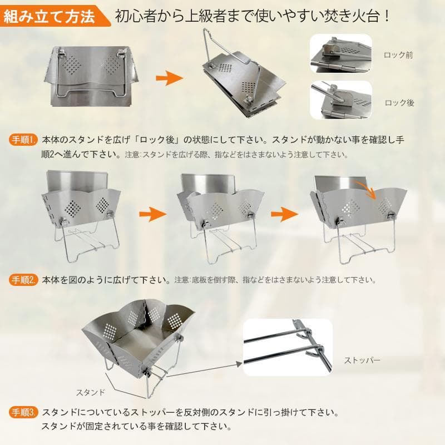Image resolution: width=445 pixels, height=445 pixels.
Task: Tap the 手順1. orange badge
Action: [x=23, y=140]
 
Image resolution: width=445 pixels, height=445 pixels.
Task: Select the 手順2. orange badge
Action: [x=23, y=280]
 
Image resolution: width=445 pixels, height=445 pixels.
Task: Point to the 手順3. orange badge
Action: [x=23, y=412]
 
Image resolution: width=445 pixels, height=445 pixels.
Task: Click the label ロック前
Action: [x=398, y=55]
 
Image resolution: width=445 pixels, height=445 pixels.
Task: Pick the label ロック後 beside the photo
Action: [x=399, y=103]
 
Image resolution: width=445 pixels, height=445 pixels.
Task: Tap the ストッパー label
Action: [x=362, y=360]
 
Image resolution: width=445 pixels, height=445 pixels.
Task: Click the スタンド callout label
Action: [x=91, y=393]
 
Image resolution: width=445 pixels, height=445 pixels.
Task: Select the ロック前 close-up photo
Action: [x=340, y=54]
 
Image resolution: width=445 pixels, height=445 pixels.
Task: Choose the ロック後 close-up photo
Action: [x=340, y=100]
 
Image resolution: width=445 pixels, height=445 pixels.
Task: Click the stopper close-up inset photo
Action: [x=288, y=347]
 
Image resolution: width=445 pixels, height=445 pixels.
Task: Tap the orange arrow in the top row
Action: [x=170, y=78]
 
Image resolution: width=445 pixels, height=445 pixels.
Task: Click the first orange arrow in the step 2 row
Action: [x=152, y=214]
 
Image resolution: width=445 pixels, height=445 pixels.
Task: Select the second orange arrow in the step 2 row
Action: [x=285, y=214]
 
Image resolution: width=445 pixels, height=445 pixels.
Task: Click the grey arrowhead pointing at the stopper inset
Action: [x=239, y=364]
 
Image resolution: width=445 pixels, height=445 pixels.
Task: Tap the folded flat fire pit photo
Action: [x=91, y=77]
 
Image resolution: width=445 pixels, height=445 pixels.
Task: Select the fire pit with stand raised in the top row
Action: [x=244, y=74]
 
